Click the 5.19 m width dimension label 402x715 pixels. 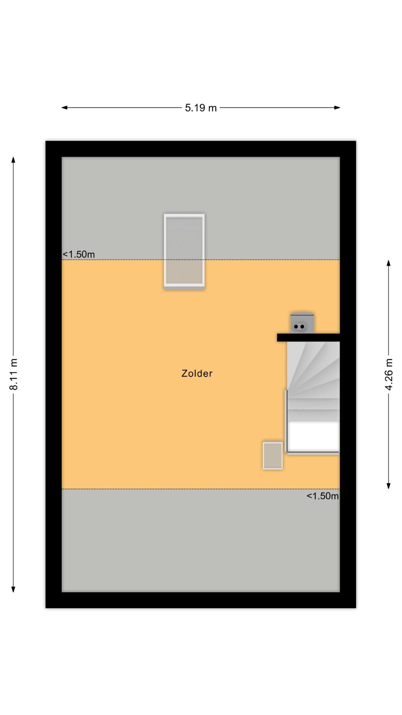point(201,108)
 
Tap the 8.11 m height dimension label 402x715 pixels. point(13,374)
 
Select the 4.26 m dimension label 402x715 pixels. point(389,375)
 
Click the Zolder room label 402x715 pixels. point(197,373)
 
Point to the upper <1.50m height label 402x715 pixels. point(79,254)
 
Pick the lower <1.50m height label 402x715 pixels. point(322,496)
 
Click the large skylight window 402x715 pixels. point(184,251)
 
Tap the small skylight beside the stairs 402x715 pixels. point(273,456)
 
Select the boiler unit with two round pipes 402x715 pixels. point(302,323)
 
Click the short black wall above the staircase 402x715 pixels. point(308,337)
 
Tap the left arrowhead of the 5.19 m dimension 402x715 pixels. point(64,108)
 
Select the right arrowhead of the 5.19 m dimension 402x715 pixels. point(337,108)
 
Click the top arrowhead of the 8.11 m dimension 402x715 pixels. point(13,160)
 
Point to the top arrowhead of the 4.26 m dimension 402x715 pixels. point(388,263)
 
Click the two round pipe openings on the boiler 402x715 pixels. point(299,326)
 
